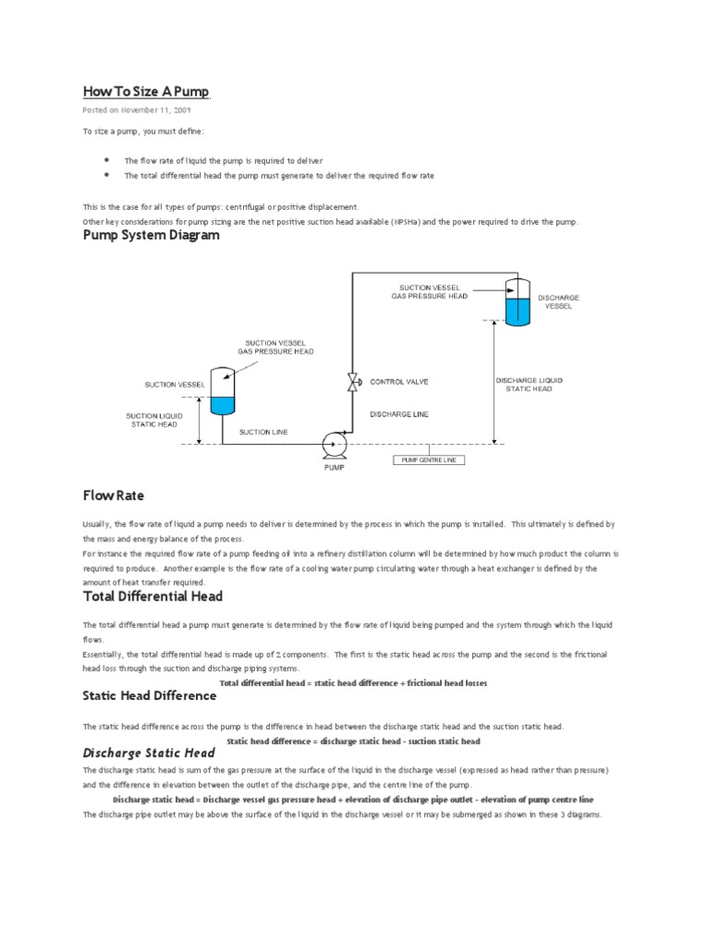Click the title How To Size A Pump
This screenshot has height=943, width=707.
point(146,91)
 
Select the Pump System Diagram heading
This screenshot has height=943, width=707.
point(152,236)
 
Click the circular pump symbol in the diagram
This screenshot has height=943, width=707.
point(333,445)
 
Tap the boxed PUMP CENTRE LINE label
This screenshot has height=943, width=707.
point(430,460)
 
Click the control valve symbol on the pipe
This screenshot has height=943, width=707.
point(352,382)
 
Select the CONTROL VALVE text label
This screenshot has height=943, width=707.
point(399,381)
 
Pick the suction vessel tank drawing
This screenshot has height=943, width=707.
point(223,390)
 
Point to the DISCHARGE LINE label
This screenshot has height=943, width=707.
point(399,414)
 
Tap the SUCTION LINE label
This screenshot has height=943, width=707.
point(263,431)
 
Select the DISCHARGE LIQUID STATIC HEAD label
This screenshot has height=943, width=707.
point(528,384)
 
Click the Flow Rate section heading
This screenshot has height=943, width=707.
point(113,496)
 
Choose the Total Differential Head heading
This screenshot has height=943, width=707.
point(153,597)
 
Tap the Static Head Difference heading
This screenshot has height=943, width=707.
point(149,696)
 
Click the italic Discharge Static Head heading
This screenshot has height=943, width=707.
point(149,753)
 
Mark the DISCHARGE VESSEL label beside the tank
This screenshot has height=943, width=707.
point(558,301)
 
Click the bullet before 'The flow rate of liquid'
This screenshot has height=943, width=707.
point(108,159)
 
